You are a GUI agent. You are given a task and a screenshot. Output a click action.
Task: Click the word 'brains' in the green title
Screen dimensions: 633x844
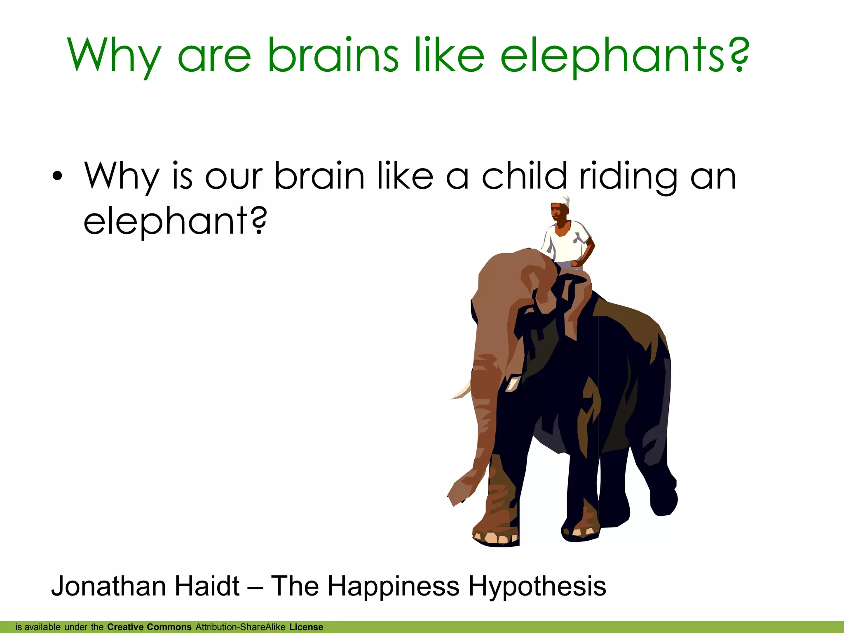click(x=333, y=56)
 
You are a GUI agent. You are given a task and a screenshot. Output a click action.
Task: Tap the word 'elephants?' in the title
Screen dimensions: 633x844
click(x=624, y=56)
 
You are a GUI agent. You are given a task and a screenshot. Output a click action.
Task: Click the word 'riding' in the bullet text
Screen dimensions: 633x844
click(x=628, y=176)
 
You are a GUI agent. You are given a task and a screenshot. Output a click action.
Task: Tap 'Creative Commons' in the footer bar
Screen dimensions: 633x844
click(x=149, y=627)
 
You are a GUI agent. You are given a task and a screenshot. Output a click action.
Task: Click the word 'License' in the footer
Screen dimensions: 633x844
click(x=306, y=627)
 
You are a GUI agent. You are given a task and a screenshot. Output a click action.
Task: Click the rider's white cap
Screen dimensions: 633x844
click(x=560, y=201)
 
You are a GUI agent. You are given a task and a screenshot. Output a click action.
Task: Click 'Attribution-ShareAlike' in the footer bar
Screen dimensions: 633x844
click(x=241, y=627)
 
